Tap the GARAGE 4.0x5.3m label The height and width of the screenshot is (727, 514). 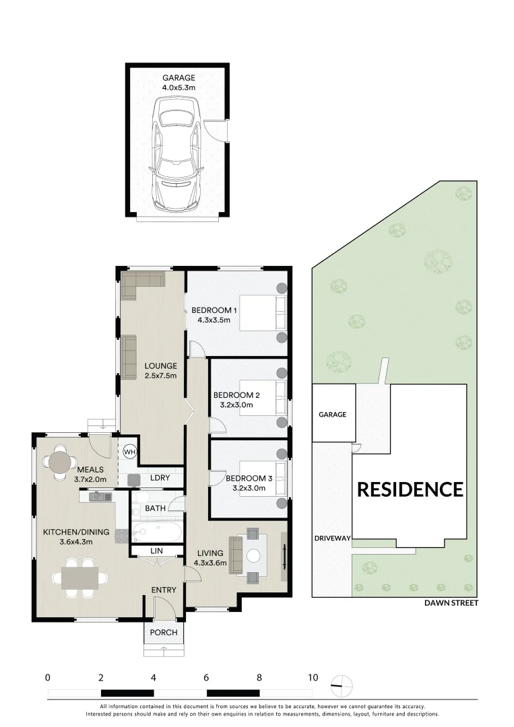pos(179,83)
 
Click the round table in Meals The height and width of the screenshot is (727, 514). pos(61,462)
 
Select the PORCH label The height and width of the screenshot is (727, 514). pos(164,632)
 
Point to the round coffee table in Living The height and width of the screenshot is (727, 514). pos(253,556)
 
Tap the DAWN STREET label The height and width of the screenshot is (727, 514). pos(451,603)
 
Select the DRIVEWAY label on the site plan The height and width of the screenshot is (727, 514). pos(332,539)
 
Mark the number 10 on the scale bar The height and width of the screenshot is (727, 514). pos(312,678)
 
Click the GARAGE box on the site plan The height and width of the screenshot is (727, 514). pos(333,415)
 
